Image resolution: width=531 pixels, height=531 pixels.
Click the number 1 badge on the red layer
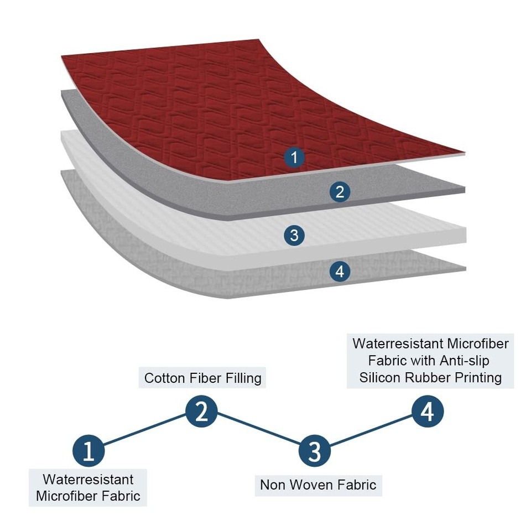point(294,158)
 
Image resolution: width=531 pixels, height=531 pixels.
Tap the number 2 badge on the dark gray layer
point(340,192)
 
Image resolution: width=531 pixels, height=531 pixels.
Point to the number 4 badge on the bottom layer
point(340,272)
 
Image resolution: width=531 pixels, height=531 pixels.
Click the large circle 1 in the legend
point(88,451)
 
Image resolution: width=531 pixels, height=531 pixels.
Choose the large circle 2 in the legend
point(201,412)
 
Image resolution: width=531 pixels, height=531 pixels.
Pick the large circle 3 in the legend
point(314,451)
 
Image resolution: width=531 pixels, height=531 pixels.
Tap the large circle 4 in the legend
point(428,412)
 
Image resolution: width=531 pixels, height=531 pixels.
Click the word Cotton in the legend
point(165,378)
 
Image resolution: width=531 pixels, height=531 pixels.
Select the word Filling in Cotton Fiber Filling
point(238,378)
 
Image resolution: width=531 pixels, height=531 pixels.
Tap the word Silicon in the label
point(382,378)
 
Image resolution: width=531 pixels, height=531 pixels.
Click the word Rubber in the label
point(430,378)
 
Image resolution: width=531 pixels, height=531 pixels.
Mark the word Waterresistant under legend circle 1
point(88,479)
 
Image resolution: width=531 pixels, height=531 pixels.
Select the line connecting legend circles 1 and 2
point(145,431)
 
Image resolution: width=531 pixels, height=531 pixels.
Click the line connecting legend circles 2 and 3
point(258,431)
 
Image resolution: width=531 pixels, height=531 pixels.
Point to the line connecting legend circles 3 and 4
point(371,431)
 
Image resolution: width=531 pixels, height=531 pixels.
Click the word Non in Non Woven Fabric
point(271,485)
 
